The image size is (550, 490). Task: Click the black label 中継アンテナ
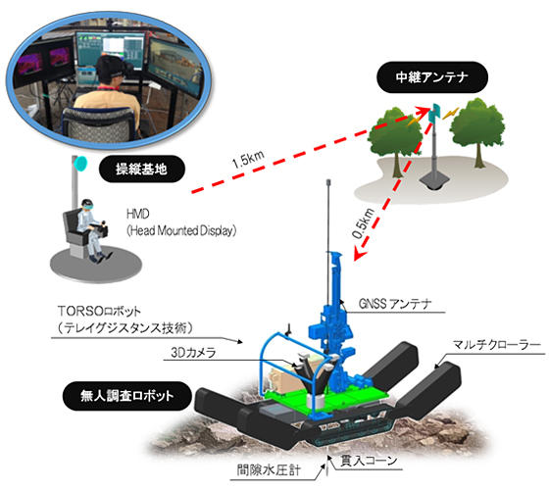431,77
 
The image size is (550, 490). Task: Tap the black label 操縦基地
142,169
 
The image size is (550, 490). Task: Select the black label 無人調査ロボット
127,396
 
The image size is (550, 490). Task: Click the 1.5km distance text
247,160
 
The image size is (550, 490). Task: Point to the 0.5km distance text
363,223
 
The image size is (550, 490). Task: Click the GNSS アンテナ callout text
395,304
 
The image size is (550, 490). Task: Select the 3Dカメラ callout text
193,352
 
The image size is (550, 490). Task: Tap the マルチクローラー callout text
496,345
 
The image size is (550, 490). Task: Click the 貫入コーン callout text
369,461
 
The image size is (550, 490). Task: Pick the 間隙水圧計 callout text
269,470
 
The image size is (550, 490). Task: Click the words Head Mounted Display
181,230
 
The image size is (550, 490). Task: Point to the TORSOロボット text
99,311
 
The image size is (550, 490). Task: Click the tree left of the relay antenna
396,140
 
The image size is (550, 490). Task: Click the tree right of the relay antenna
477,131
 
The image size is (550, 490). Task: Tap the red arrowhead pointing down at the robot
359,254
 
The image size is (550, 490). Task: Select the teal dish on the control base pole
81,163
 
